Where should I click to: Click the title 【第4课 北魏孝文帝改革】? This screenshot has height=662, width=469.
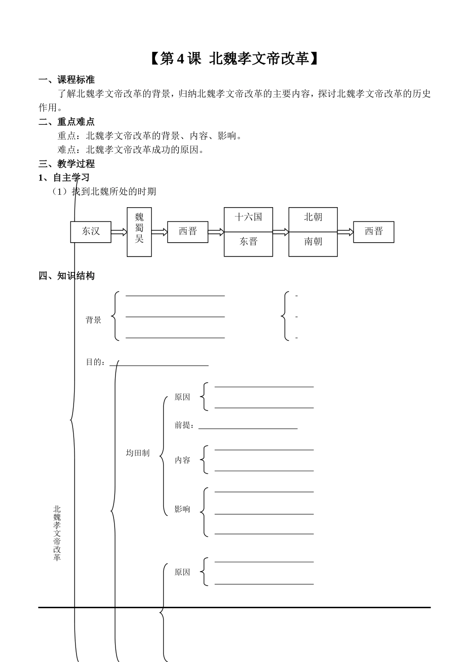pyautogui.click(x=234, y=59)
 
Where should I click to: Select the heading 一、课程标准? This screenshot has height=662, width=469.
pyautogui.click(x=67, y=79)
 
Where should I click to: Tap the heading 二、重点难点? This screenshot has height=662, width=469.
pyautogui.click(x=67, y=121)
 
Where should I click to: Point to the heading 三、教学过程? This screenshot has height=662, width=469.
pyautogui.click(x=67, y=164)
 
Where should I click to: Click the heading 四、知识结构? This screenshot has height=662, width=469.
pyautogui.click(x=67, y=276)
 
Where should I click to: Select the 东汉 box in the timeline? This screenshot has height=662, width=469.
pyautogui.click(x=91, y=231)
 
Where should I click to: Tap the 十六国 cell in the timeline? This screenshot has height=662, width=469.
pyautogui.click(x=248, y=217)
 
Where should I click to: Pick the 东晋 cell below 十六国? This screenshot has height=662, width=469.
pyautogui.click(x=248, y=242)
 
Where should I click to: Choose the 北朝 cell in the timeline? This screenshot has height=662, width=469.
pyautogui.click(x=313, y=217)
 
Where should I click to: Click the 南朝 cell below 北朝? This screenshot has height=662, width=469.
pyautogui.click(x=313, y=242)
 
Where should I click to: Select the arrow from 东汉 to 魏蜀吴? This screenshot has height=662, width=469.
pyautogui.click(x=119, y=232)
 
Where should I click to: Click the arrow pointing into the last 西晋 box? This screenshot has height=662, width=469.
pyautogui.click(x=346, y=232)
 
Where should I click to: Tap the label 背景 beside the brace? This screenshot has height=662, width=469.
pyautogui.click(x=93, y=320)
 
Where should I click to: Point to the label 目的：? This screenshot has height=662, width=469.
pyautogui.click(x=96, y=362)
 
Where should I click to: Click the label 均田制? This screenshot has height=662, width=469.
pyautogui.click(x=138, y=453)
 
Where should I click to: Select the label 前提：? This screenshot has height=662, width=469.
pyautogui.click(x=184, y=425)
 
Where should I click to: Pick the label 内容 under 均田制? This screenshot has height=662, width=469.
pyautogui.click(x=182, y=460)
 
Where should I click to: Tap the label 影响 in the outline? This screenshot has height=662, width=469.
pyautogui.click(x=182, y=510)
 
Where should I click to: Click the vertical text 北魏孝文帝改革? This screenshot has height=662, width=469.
pyautogui.click(x=57, y=533)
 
